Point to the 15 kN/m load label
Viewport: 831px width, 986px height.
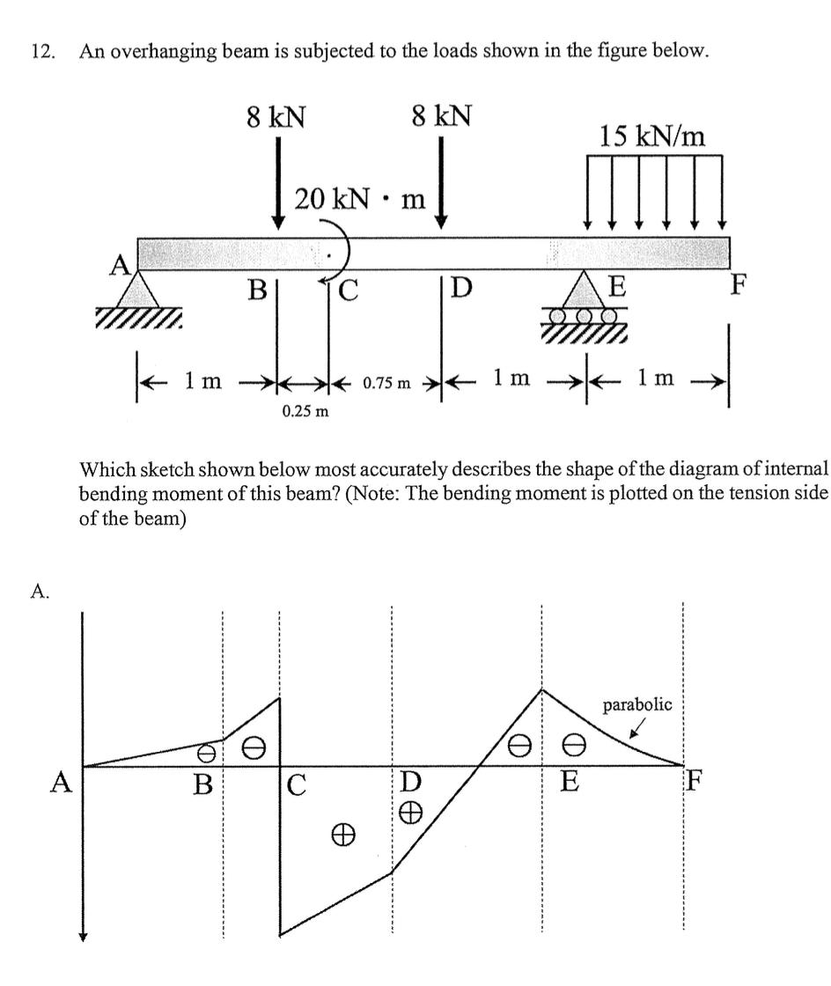652,136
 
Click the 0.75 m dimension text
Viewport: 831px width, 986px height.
387,385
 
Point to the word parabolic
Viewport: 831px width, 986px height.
637,705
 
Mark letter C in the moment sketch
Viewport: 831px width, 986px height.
296,784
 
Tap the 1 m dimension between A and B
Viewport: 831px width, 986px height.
202,381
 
